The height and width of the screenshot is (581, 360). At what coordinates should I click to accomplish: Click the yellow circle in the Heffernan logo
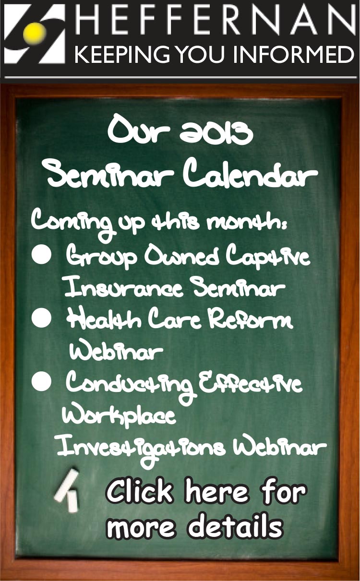(34, 33)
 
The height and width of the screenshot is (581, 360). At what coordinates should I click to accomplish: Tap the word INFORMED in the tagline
(294, 54)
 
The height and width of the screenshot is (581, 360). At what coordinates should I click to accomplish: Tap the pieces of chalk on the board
(66, 491)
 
